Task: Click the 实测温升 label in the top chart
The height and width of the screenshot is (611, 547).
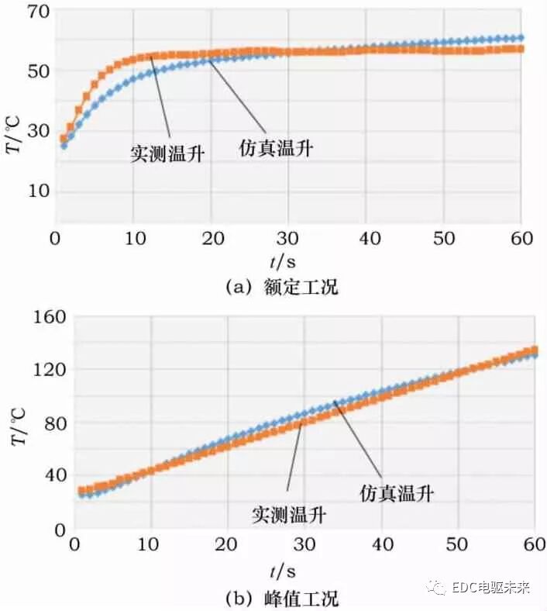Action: (167, 153)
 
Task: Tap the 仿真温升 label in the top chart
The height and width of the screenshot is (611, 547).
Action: (276, 148)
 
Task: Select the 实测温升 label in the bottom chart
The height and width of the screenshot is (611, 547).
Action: (289, 513)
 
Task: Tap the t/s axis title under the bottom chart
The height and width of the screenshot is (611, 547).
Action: (288, 572)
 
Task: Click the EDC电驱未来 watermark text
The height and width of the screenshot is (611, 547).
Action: (490, 588)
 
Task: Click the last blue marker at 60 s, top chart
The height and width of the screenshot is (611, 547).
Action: (520, 37)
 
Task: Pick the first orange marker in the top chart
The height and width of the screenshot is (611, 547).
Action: (64, 139)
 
